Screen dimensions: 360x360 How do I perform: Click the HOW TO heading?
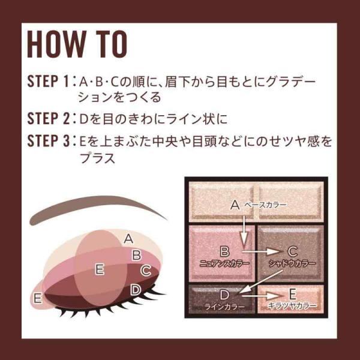point(77,44)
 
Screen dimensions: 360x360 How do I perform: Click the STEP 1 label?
point(48,81)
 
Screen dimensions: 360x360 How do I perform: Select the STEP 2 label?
point(48,118)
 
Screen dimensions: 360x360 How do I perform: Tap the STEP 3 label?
point(48,141)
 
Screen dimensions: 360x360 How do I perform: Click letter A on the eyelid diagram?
point(128,239)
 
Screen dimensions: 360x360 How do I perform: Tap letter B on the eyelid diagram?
point(137,255)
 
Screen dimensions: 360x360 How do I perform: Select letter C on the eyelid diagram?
point(146,270)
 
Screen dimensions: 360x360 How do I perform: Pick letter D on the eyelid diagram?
point(136,290)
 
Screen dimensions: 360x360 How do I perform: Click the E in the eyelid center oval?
point(100,269)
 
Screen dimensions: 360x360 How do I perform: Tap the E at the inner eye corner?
point(38,298)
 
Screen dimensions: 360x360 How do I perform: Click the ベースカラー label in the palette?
point(265,205)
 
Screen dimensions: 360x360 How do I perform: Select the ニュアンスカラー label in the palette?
point(224,263)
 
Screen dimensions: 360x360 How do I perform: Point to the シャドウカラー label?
point(292,263)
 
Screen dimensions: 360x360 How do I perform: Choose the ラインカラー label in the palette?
point(224,307)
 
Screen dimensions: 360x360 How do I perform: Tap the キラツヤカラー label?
point(292,305)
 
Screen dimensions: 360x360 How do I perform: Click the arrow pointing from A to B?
point(244,232)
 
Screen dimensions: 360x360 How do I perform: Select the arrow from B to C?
point(261,251)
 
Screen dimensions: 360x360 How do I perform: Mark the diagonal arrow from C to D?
point(259,282)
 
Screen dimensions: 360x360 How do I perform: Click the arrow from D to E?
point(261,296)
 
